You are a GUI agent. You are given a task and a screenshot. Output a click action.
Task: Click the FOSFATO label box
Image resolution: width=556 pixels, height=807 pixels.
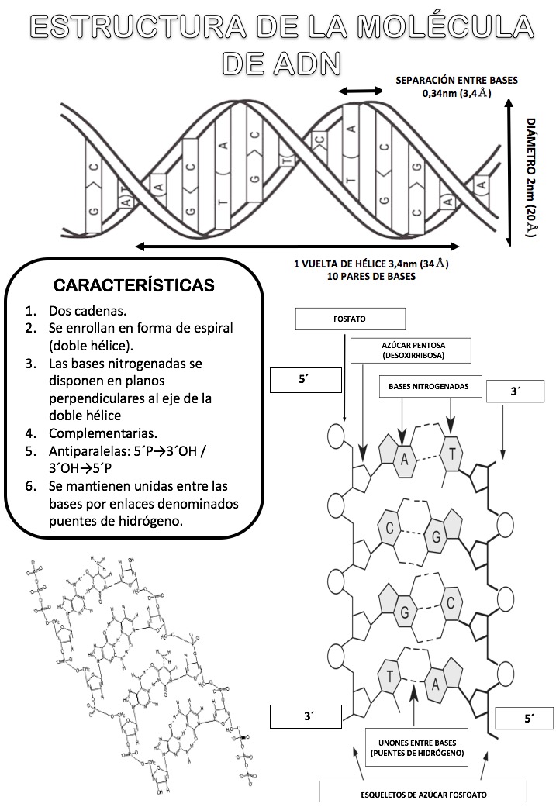(x=351, y=319)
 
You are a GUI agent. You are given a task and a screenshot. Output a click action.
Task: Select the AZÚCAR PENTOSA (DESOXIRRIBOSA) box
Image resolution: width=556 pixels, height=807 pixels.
(x=401, y=350)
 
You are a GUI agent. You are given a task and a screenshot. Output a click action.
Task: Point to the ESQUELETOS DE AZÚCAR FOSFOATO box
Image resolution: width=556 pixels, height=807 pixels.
(x=423, y=795)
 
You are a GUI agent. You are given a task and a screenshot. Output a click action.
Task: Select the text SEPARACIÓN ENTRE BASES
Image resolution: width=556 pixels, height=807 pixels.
(x=457, y=80)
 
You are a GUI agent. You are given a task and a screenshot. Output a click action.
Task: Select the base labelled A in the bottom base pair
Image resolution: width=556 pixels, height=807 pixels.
(x=436, y=685)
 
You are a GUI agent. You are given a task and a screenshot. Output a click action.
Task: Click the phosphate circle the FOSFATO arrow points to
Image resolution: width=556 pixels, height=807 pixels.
(x=337, y=436)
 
